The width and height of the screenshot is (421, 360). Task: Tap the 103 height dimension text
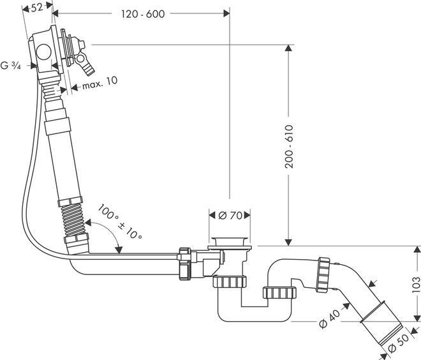[415, 285]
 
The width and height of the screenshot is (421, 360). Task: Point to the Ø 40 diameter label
[327, 315]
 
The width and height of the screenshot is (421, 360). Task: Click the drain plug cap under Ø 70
[228, 241]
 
